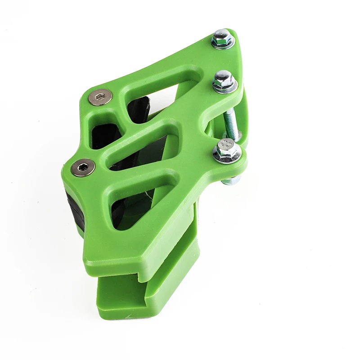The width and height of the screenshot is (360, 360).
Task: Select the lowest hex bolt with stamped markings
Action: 226,150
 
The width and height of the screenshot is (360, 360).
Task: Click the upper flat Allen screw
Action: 100,97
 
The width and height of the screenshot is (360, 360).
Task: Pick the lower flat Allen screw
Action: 83,167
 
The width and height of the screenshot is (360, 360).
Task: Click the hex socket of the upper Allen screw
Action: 100,97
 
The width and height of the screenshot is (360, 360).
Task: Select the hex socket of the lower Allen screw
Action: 83,167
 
